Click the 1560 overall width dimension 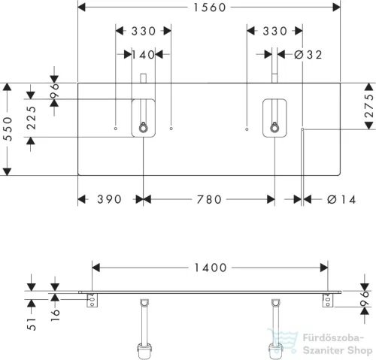coord(210,8)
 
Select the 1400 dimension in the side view coord(211,268)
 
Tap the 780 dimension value coord(209,200)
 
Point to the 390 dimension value coord(109,199)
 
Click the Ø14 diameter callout coord(341,200)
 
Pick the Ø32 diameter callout coord(308,55)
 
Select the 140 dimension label coord(143,55)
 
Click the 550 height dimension coord(8,129)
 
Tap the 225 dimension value coord(32,118)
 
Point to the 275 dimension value coord(369,106)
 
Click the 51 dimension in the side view coord(32,325)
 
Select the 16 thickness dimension coord(56,315)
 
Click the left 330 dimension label coord(144,32)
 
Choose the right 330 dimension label coord(274,32)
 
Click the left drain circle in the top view coord(143,129)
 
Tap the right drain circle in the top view coord(274,129)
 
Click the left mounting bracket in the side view coord(92,301)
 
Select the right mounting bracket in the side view coord(328,300)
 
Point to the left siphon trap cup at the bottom coord(145,351)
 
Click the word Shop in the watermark coord(359,350)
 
